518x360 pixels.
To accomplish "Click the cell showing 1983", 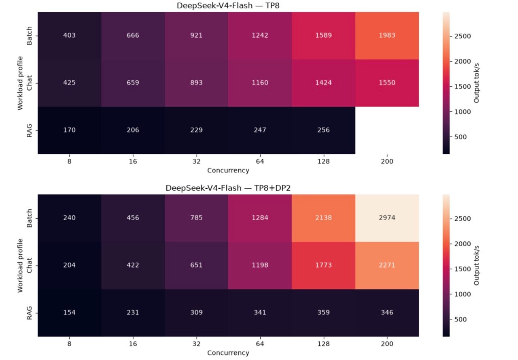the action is pos(387,36).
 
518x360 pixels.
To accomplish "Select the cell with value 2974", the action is pos(387,218).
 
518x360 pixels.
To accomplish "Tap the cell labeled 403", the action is pos(69,36).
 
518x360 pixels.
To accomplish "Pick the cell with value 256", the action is pos(323,130).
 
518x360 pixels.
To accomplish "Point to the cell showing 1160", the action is pos(260,83).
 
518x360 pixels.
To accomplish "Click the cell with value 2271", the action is pos(387,265).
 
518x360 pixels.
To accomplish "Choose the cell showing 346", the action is pos(387,313).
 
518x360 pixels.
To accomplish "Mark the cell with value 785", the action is pos(196,218).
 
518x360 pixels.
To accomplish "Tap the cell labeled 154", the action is pos(69,313).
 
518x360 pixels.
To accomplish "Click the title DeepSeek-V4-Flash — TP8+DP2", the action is pos(228,188).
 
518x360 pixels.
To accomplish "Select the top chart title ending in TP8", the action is pos(228,5).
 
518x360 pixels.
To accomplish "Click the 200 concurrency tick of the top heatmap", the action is pos(387,161).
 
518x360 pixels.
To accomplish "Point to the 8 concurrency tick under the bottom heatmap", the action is pos(69,344).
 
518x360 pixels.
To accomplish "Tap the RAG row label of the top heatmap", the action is pos(29,130).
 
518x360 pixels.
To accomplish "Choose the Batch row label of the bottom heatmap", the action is pos(29,218).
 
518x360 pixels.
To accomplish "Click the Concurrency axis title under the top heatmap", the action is pos(228,170).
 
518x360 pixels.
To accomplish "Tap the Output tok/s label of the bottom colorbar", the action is pos(476,265).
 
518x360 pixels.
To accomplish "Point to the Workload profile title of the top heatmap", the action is pos(20,83).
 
